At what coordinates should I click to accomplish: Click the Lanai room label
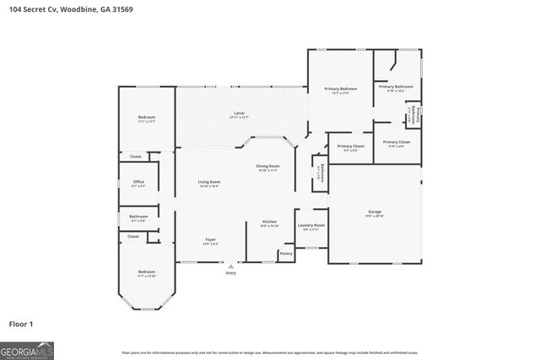pos(240,113)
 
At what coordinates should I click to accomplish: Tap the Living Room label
pos(209,183)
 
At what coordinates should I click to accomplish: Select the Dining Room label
pos(267,166)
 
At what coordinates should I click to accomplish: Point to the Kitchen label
pos(269,222)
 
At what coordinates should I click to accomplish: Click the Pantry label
pos(286,253)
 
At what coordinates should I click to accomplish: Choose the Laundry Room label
pos(312,225)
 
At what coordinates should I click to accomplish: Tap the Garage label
pos(375,212)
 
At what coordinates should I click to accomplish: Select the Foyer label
pos(210,240)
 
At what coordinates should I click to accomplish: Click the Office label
pos(139,182)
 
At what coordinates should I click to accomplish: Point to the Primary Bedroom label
pos(341,89)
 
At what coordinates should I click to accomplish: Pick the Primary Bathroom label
pos(395,87)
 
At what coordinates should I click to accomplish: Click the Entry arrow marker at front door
pos(230,266)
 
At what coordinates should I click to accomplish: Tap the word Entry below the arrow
pos(230,273)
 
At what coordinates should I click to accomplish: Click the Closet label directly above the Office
pos(135,157)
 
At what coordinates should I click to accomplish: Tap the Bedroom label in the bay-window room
pos(147,272)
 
